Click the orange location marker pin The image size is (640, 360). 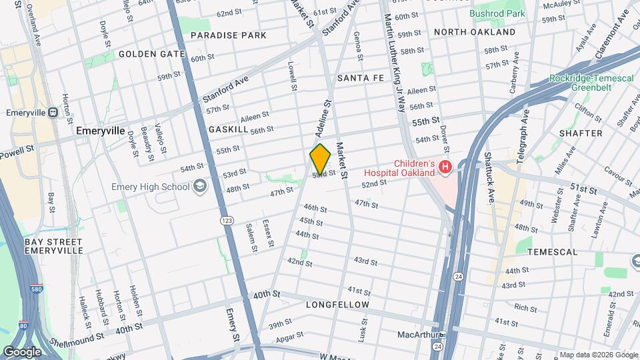click(x=321, y=159)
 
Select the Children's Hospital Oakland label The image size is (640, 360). click(x=404, y=169)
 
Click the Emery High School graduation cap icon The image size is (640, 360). click(x=199, y=187)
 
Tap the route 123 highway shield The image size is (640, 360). click(x=228, y=219)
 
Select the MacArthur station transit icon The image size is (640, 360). click(x=442, y=335)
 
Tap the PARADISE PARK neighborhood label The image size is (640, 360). click(x=228, y=35)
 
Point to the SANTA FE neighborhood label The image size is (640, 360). click(x=361, y=78)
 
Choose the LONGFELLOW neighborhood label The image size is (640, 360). click(x=337, y=305)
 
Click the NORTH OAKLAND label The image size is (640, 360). click(x=475, y=32)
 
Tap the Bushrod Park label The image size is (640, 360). click(x=497, y=13)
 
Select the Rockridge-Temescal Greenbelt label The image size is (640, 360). click(x=591, y=83)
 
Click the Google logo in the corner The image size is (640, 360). click(x=22, y=351)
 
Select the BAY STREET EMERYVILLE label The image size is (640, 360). click(x=53, y=246)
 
